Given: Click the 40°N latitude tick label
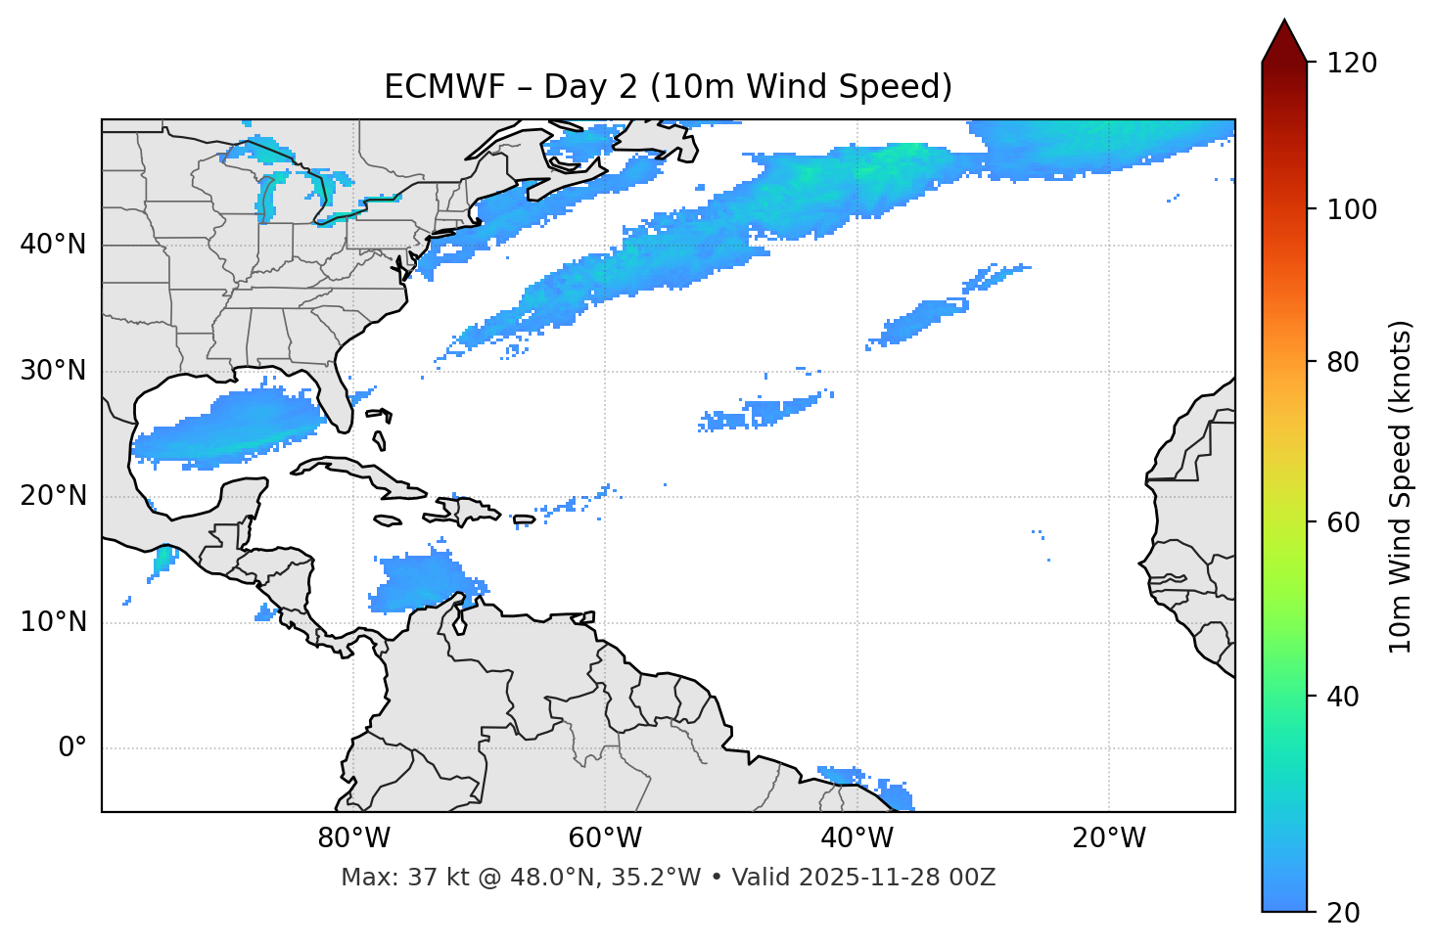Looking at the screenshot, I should (x=53, y=245).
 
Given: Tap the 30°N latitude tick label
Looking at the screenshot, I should (x=53, y=371).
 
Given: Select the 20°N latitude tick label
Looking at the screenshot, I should (x=53, y=496).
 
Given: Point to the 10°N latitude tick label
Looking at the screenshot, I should (x=53, y=622).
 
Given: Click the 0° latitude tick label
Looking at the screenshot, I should (x=72, y=748).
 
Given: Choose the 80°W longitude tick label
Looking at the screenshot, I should (x=353, y=838).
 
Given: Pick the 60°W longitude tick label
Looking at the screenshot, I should (x=605, y=838).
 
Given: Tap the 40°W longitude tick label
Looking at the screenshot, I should (x=856, y=838).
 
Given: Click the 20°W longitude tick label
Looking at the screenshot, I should (x=1109, y=838).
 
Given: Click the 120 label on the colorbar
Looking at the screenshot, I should (x=1352, y=63).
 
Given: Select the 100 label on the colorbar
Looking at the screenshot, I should (x=1352, y=209).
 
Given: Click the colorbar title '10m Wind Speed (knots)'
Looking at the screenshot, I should (x=1401, y=486).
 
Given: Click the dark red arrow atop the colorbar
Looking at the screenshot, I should (x=1284, y=43).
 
